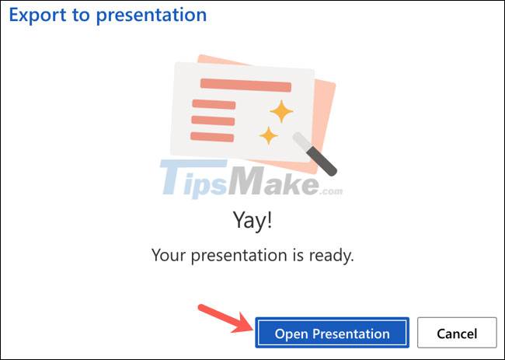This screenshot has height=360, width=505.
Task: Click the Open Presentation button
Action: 332,334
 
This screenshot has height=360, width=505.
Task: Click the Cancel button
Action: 457,334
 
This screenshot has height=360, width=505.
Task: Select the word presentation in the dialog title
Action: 151,15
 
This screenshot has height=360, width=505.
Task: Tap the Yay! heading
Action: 252,222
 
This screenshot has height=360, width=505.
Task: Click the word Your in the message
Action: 167,255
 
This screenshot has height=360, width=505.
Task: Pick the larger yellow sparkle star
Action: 280,111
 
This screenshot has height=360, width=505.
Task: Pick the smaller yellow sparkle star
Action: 269,135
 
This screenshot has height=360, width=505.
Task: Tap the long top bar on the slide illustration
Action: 246,85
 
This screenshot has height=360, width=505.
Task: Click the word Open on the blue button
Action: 291,334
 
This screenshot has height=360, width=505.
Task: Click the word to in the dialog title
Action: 78,15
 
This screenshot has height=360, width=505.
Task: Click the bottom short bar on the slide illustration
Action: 213,137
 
